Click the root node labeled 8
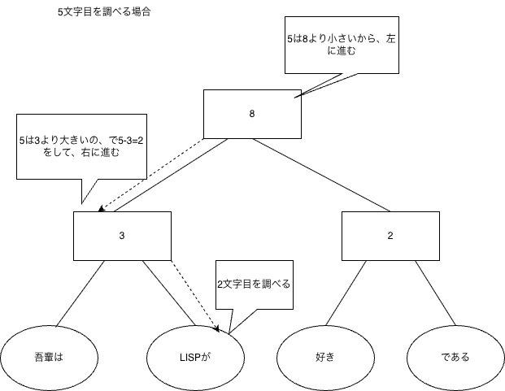[x=252, y=114]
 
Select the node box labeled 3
[x=122, y=236]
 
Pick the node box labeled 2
[x=390, y=236]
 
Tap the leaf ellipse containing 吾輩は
[x=49, y=358]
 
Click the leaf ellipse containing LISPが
[x=195, y=358]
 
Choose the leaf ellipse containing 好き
[x=325, y=358]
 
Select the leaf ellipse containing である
[x=455, y=358]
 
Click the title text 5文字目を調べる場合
[x=104, y=12]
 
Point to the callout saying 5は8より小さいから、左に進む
[x=342, y=45]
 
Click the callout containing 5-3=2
[x=82, y=146]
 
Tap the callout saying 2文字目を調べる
[x=255, y=285]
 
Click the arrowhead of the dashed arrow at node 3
[x=101, y=209]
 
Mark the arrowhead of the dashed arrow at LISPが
[x=217, y=329]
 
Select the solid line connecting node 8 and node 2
[x=321, y=175]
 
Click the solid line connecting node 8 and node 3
[x=171, y=175]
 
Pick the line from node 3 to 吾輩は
[x=81, y=293]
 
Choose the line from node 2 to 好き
[x=346, y=293]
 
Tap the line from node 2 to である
[x=435, y=293]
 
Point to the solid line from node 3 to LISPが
[x=169, y=293]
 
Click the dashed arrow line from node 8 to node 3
[x=151, y=174]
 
